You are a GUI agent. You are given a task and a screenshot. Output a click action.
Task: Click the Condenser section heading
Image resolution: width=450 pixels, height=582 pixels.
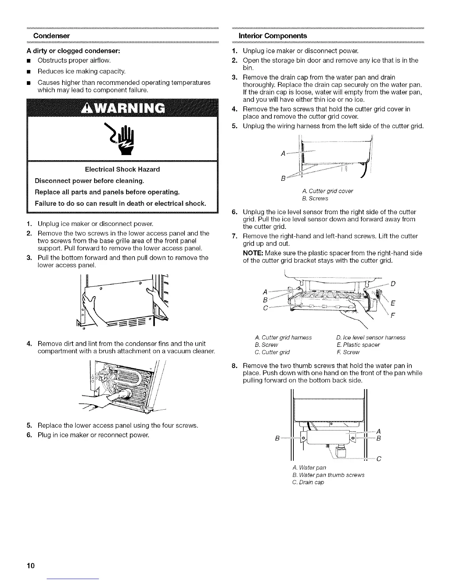click(x=51, y=36)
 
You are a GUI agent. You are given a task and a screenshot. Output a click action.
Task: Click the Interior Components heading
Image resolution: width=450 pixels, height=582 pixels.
click(x=272, y=36)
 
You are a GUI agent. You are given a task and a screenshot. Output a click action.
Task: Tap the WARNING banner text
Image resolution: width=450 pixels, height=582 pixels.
click(x=123, y=108)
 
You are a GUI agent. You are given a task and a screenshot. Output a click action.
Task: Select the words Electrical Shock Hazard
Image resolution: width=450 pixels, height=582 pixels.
click(x=122, y=169)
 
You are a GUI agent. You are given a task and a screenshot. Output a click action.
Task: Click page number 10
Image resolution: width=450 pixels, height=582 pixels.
click(x=30, y=565)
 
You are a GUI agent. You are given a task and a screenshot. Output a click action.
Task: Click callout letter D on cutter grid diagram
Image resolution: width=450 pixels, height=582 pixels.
click(x=393, y=284)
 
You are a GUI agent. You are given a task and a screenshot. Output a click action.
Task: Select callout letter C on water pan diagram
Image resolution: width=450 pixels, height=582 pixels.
click(x=379, y=459)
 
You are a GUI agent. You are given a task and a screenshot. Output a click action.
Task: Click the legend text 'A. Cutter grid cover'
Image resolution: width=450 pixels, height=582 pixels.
click(x=327, y=191)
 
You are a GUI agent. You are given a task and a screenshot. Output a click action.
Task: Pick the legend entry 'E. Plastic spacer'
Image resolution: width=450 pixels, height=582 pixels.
click(x=358, y=345)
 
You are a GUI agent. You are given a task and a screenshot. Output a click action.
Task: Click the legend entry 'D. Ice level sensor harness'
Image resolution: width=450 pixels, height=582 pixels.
click(x=371, y=337)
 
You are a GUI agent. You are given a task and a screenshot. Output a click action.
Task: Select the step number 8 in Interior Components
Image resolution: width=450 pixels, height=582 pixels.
click(x=234, y=366)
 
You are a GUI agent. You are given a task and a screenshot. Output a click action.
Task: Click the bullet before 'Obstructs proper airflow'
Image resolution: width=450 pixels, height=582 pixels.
click(x=29, y=60)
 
